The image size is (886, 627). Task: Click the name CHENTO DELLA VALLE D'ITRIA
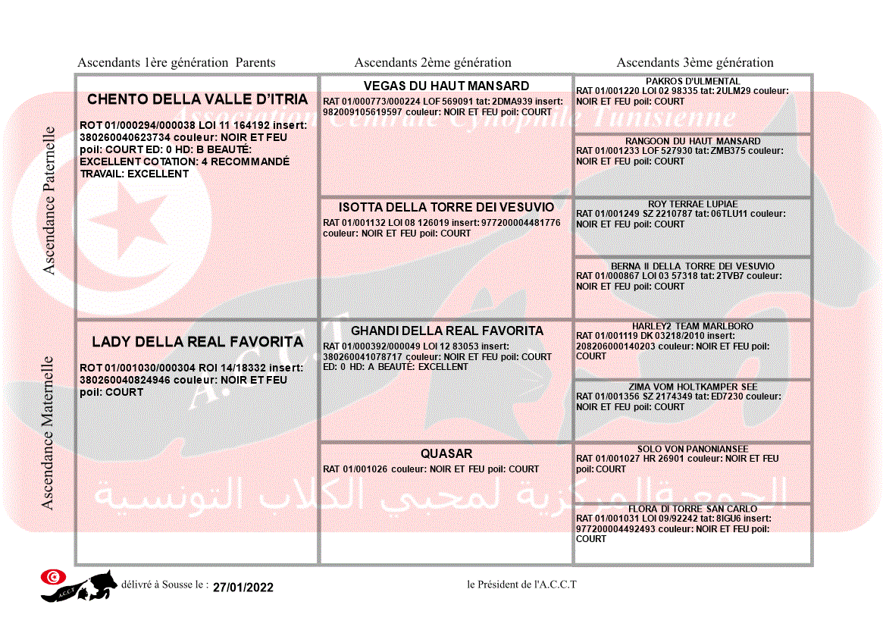198,99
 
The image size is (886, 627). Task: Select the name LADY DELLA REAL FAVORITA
198,342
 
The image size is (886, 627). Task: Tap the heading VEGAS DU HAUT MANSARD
446,86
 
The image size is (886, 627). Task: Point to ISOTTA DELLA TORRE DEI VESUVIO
446,207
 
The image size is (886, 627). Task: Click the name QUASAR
446,454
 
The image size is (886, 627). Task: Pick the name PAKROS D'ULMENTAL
693,81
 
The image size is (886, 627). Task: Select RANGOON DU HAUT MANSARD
693,141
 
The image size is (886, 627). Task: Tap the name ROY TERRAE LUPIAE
693,204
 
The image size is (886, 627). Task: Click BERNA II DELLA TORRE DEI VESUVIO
693,267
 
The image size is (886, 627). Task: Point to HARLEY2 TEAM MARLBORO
693,326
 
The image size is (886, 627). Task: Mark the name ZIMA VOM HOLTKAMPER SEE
693,387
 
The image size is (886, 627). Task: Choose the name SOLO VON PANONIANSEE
693,449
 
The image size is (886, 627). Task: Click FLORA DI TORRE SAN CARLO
693,509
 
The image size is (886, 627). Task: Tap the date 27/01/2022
243,587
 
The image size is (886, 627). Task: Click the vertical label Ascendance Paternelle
49,201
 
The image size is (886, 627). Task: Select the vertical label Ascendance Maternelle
48,433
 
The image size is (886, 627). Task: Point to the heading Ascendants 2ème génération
433,63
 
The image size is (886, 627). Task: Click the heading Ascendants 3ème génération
695,63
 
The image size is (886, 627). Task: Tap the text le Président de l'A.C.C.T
522,584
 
